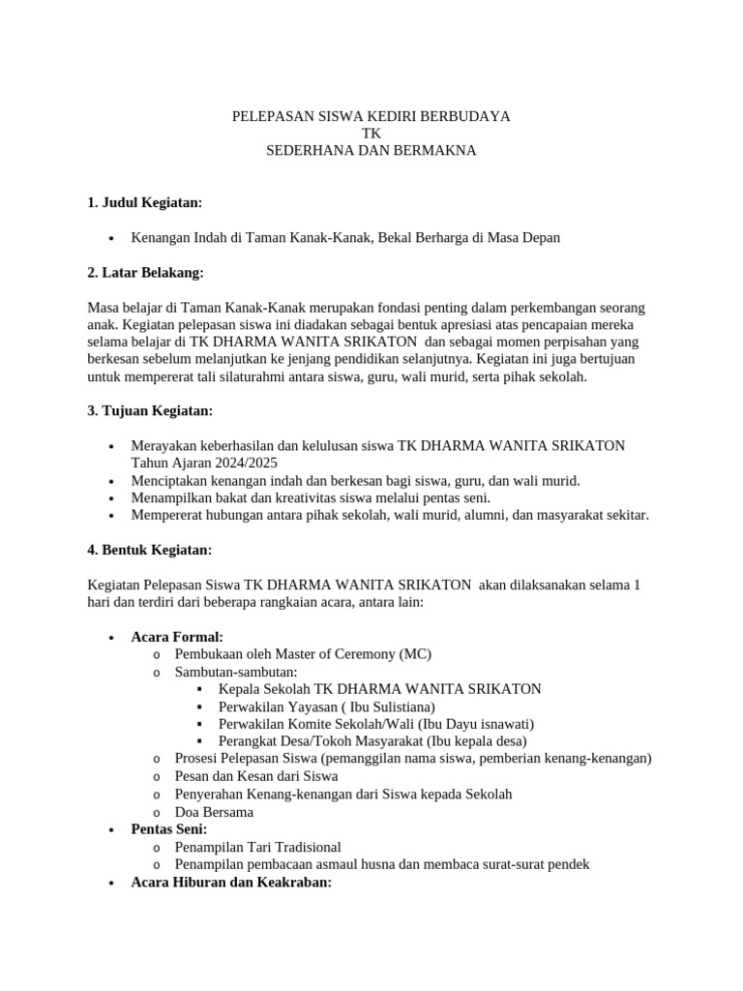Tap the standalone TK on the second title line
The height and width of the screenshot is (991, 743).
tap(371, 134)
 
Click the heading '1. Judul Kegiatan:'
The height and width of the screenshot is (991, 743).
tap(144, 202)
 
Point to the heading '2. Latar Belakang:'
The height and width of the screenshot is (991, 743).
tap(145, 273)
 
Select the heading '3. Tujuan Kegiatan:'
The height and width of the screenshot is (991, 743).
tap(149, 410)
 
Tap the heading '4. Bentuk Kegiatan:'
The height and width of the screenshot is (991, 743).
tap(149, 550)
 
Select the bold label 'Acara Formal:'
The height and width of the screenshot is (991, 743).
tap(177, 637)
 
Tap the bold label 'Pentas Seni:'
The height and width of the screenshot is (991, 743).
tap(169, 829)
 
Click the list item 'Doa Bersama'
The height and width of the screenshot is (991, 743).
tap(214, 812)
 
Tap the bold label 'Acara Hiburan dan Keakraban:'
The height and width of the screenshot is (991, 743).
tap(231, 883)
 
